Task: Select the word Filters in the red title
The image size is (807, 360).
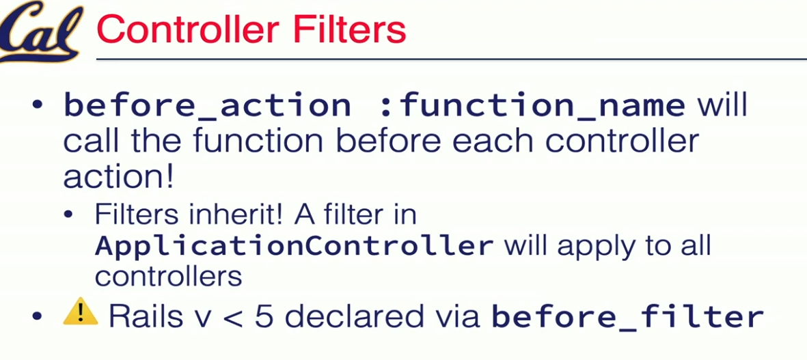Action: tap(349, 30)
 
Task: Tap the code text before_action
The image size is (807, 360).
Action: tap(208, 106)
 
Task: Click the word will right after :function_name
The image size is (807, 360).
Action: tap(722, 105)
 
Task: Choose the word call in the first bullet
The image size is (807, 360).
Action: tap(92, 141)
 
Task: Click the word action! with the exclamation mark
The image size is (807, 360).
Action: tap(118, 176)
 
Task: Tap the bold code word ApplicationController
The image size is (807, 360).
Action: tap(294, 247)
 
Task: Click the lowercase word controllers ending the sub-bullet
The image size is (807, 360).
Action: tap(168, 277)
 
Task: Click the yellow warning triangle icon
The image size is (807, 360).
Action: tap(80, 312)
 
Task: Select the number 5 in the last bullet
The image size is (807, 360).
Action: tap(264, 316)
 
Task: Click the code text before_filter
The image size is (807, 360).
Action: tap(627, 316)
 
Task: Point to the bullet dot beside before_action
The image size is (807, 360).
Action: tap(36, 105)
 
